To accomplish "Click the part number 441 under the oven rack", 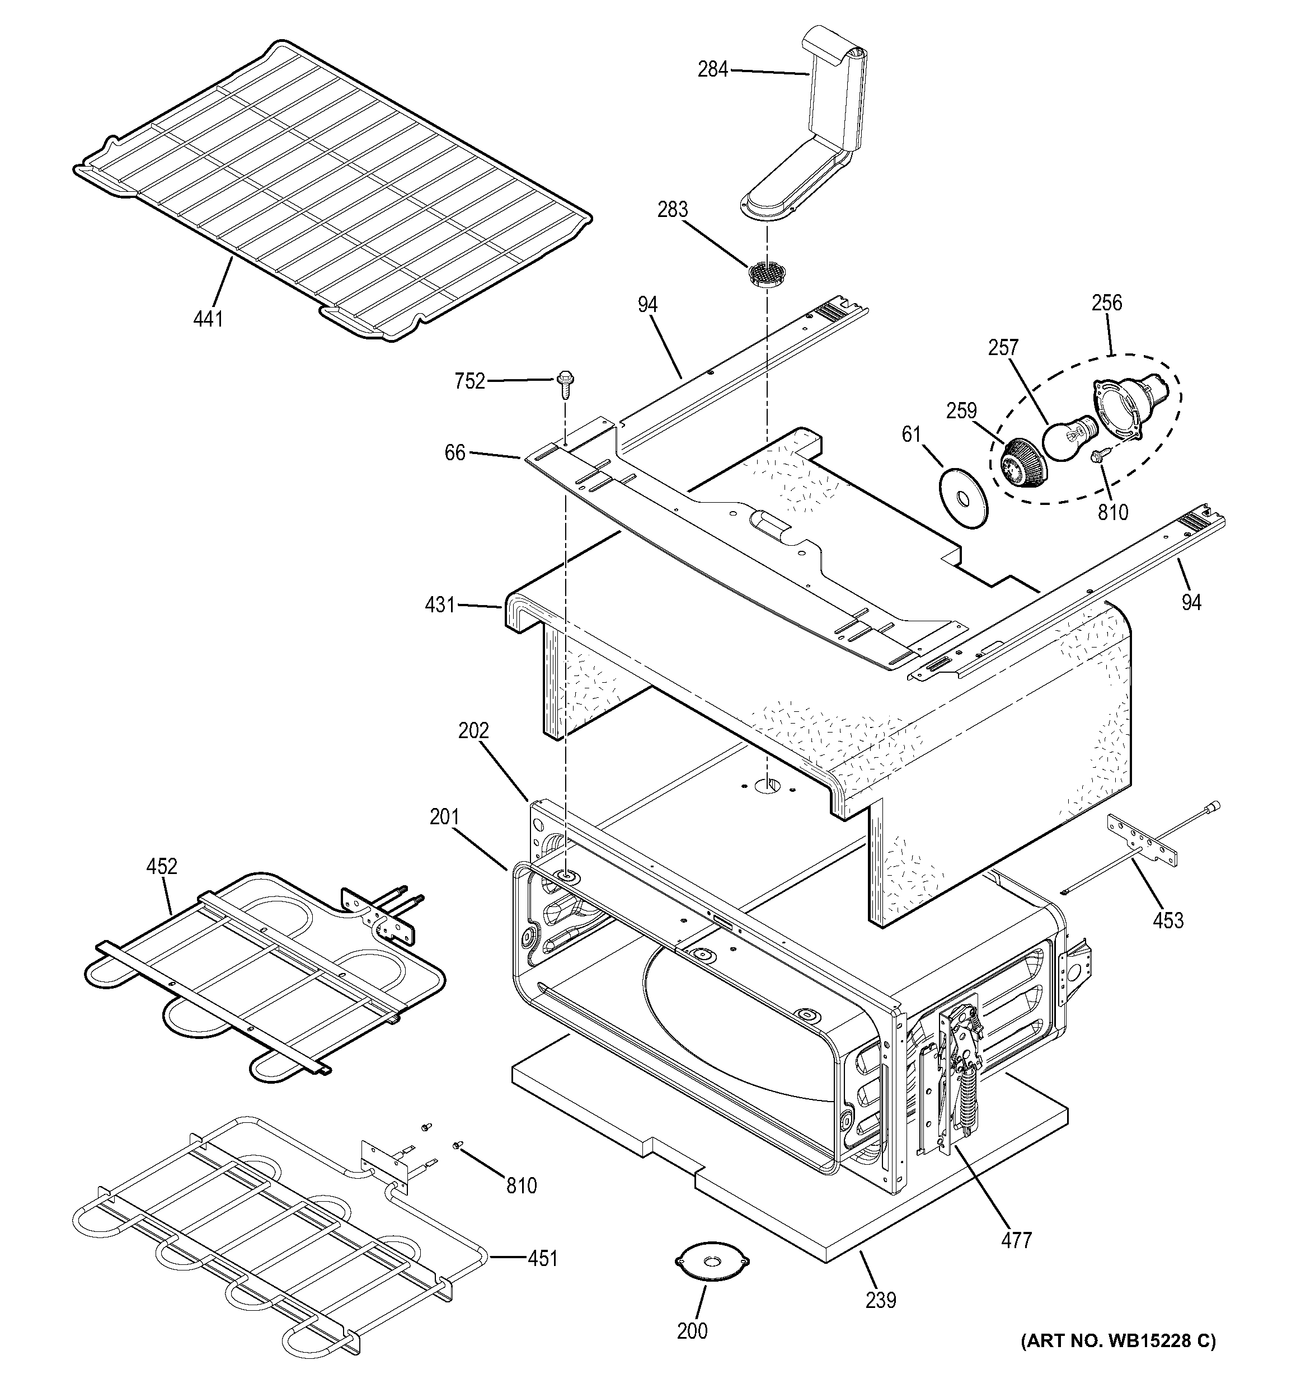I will point(208,319).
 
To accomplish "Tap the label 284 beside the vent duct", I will point(712,69).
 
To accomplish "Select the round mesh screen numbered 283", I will point(765,272).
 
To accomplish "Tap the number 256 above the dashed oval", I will point(1107,303).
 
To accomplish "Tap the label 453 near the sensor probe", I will point(1168,920).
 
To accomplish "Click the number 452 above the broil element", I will point(162,866).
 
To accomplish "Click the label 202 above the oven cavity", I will point(473,730).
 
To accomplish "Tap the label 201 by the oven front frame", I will point(444,816).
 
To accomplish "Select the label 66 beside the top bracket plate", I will point(455,452).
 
